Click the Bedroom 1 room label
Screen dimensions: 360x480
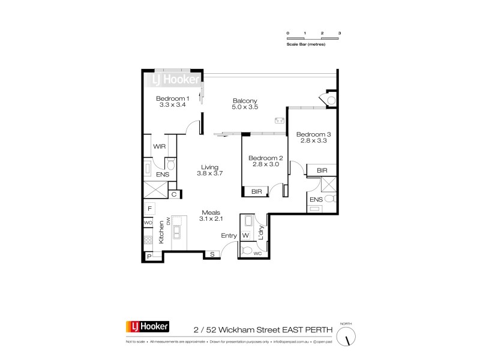(x=173, y=98)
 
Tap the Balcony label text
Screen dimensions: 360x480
(x=244, y=101)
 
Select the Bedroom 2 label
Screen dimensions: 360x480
(x=265, y=158)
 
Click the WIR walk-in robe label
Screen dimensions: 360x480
(x=160, y=146)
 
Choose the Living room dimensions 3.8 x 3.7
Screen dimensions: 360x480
(x=210, y=173)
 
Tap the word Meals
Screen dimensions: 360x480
(x=211, y=212)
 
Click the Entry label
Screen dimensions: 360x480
(x=229, y=236)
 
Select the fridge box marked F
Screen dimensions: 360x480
(x=149, y=208)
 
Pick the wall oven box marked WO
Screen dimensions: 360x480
(x=148, y=223)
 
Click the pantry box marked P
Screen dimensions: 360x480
(x=149, y=256)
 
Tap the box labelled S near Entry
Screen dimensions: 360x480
(x=212, y=255)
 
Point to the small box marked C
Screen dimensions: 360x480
(x=173, y=194)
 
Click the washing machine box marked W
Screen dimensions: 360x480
(x=246, y=235)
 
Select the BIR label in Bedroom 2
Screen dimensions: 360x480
(x=256, y=191)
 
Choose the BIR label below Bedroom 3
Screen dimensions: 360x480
(x=322, y=171)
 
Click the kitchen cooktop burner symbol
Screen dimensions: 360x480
(x=148, y=240)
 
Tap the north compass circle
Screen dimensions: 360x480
(x=346, y=338)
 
